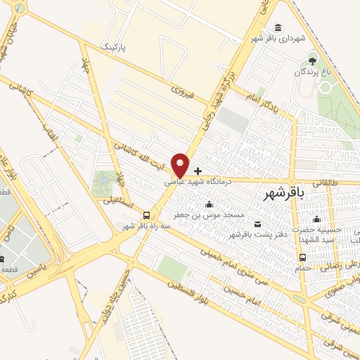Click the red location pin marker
coord(181,165)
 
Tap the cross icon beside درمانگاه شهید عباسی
coord(198,171)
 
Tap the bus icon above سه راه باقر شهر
coord(146,214)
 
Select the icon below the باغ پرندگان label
coord(325,86)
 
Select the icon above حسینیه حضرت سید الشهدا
coord(317,219)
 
